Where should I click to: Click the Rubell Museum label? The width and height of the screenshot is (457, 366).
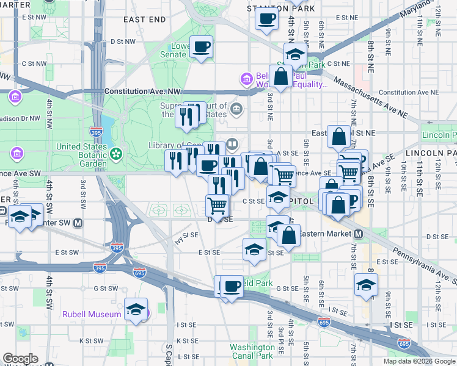(x=92, y=314)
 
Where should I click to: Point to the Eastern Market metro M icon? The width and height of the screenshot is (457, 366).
(x=359, y=234)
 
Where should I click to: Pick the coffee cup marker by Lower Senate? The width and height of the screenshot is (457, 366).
(x=201, y=46)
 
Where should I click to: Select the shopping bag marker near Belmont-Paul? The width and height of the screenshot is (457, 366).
(x=280, y=77)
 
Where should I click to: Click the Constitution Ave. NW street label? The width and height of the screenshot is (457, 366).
(x=143, y=91)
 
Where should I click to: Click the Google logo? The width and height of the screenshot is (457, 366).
(x=20, y=359)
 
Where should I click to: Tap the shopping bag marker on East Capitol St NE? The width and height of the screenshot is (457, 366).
(x=338, y=137)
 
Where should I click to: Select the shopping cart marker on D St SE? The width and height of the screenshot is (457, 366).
(x=218, y=205)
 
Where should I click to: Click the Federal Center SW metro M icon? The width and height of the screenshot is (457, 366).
(x=78, y=223)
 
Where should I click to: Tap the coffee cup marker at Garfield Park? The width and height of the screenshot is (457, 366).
(x=232, y=286)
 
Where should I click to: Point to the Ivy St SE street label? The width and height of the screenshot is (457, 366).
(x=187, y=234)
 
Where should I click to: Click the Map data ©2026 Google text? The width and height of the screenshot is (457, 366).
(x=419, y=361)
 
